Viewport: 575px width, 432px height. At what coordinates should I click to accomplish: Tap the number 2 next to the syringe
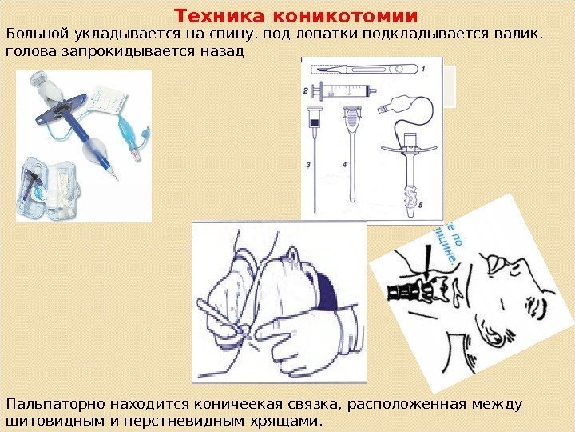306,92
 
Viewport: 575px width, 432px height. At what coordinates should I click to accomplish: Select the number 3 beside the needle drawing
307,165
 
